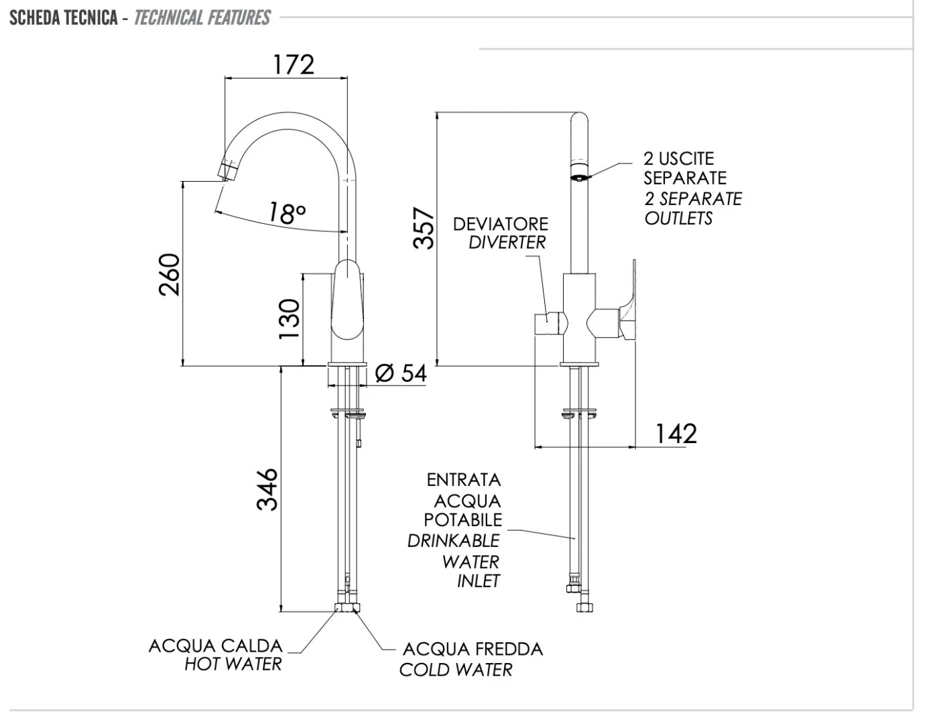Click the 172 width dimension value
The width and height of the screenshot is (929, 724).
click(294, 64)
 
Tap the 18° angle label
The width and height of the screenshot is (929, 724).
click(287, 213)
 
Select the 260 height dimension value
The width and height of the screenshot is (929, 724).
click(170, 274)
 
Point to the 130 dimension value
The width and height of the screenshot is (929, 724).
click(290, 318)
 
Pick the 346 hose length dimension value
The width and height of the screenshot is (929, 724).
click(267, 489)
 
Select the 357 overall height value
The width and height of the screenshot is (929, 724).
click(424, 228)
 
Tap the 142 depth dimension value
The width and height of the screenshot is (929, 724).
click(676, 434)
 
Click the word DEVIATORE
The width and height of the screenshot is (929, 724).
click(500, 224)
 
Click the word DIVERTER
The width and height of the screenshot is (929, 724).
click(507, 243)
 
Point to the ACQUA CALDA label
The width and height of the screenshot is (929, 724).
click(215, 646)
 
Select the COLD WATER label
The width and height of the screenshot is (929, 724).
click(456, 669)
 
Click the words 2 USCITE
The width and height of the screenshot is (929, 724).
click(679, 159)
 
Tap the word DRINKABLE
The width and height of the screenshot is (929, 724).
click(454, 540)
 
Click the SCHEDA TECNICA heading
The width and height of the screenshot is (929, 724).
click(64, 17)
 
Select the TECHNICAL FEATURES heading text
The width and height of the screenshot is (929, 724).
click(202, 17)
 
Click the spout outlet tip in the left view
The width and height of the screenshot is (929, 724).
click(227, 172)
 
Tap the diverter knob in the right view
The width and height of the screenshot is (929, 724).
click(546, 325)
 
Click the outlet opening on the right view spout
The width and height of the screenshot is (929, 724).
click(578, 177)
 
